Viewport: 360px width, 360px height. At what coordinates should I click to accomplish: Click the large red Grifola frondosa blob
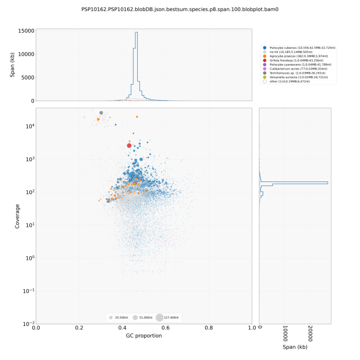(x=129, y=146)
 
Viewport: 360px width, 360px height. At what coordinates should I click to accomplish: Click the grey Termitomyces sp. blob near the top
(x=101, y=113)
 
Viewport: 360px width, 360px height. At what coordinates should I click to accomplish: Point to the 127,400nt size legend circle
(x=159, y=317)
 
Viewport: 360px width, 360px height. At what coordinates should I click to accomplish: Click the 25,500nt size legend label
(x=121, y=317)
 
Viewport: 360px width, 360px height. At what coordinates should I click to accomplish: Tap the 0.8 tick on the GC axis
(x=209, y=327)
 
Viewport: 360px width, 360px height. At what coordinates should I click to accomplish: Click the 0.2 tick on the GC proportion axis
(x=79, y=327)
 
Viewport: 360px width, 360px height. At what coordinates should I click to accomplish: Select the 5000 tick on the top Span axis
(x=27, y=77)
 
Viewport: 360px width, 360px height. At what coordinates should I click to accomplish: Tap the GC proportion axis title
(x=143, y=335)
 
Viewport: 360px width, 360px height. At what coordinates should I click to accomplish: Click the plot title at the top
(x=180, y=10)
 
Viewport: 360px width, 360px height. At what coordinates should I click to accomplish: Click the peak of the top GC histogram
(x=137, y=33)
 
